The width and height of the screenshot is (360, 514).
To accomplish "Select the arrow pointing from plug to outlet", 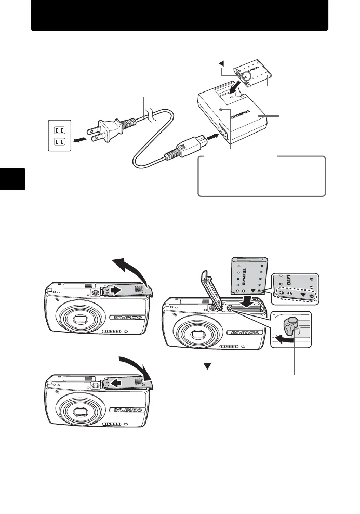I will click(81, 140).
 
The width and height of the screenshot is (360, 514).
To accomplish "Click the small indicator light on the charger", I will click(221, 110).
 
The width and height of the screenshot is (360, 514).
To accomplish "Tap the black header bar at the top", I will click(179, 16).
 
